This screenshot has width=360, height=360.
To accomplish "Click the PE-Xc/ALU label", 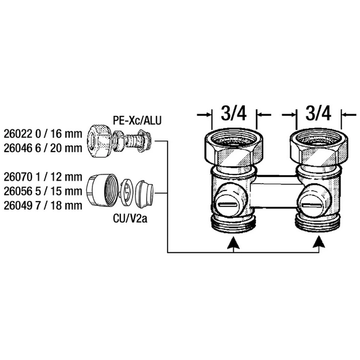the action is coord(137,120).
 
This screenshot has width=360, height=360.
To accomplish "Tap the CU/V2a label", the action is coord(130,219).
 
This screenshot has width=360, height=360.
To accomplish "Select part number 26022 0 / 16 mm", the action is coord(43,134).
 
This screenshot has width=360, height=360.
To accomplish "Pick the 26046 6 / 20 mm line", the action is coord(43,148).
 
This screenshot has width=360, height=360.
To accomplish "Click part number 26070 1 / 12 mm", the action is coord(43,177).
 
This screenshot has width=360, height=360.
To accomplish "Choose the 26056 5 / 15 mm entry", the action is coord(43,191).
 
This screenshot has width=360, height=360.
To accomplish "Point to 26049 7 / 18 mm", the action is coord(43,205).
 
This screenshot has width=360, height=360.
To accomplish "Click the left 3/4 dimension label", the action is coord(234,113).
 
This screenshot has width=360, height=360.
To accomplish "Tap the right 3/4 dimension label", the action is coord(318,113).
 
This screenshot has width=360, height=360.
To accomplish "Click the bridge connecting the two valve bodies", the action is coord(276,192).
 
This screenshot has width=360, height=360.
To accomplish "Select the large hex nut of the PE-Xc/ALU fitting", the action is coord(99,141).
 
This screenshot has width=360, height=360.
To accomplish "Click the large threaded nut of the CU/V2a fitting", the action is coord(102,190).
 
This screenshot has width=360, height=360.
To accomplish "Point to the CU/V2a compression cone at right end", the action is coord(145,194).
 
